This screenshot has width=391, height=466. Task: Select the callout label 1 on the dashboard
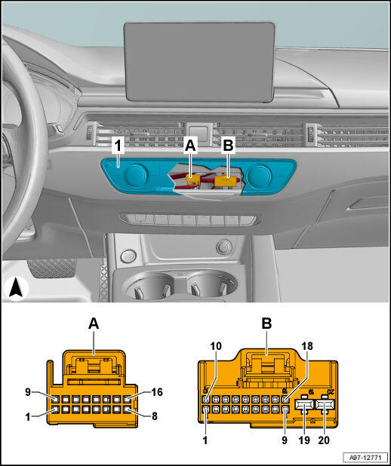[119, 146]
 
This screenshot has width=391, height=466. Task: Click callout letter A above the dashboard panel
[190, 146]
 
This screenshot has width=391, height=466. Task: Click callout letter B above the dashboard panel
[228, 146]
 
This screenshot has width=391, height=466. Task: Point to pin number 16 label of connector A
[157, 392]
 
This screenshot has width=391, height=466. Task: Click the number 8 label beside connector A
[155, 416]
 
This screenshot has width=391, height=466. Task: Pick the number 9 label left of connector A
[28, 392]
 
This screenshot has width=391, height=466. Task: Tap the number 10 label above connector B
[216, 346]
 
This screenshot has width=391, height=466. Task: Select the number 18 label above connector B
[307, 346]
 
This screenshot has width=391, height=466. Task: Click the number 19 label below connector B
[304, 440]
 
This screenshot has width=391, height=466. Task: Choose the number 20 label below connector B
[324, 440]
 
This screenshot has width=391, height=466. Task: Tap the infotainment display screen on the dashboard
[199, 62]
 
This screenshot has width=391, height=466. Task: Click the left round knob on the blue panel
[135, 175]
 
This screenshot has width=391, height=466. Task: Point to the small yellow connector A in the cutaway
[192, 179]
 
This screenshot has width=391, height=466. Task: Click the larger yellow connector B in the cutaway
[225, 181]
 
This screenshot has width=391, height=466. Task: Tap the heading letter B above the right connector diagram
[266, 324]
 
